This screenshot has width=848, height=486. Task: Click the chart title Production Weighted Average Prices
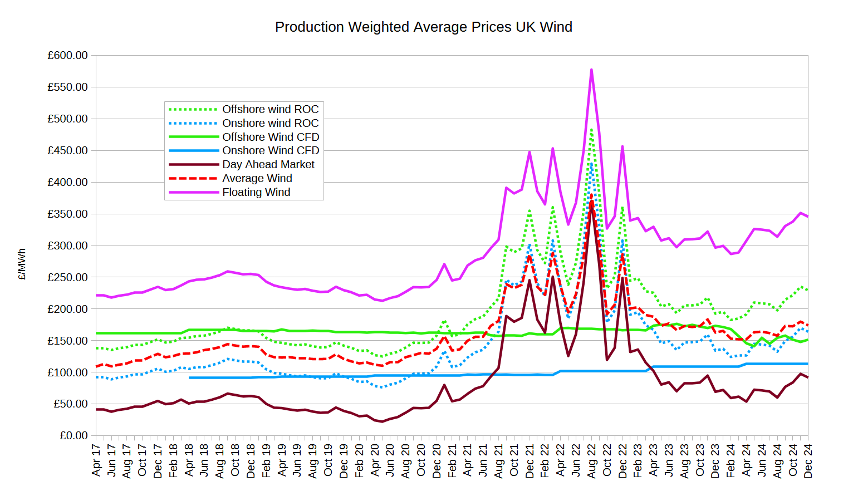click(423, 27)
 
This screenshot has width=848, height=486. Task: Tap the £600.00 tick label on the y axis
click(67, 56)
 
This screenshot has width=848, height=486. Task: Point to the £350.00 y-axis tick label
click(67, 214)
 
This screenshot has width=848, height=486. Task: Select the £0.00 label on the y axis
click(73, 435)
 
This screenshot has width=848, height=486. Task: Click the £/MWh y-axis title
click(22, 264)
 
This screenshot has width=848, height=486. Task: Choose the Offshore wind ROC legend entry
click(270, 109)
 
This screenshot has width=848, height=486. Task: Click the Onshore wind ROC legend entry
click(270, 123)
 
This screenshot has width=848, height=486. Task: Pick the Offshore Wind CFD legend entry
click(270, 137)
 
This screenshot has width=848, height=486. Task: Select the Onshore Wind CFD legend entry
click(270, 150)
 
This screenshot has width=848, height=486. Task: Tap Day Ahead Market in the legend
click(268, 164)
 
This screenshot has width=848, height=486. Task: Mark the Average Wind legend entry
click(257, 178)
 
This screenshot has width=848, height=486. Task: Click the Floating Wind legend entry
click(256, 192)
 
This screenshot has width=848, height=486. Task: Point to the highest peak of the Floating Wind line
click(591, 70)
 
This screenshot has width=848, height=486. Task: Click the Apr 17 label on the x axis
click(96, 460)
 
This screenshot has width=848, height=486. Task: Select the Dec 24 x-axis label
click(808, 460)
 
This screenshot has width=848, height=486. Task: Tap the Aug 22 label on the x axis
click(591, 460)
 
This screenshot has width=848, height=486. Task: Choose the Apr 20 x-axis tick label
click(375, 460)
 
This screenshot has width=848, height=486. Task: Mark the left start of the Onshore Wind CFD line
click(190, 378)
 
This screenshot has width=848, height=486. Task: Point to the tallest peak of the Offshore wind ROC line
click(591, 129)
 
